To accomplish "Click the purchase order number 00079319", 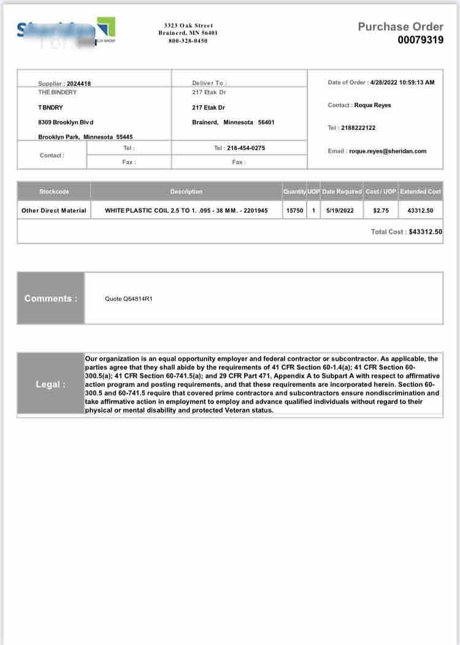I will [420, 40].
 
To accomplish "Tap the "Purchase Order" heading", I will [400, 26].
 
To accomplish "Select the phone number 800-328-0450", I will [188, 41].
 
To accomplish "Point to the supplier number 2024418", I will [79, 83].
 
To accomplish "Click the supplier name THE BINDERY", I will [58, 92].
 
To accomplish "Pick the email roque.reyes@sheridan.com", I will [388, 151].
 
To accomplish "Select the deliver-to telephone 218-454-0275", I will [246, 148].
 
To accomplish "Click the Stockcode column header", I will [54, 191].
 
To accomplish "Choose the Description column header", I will [186, 191].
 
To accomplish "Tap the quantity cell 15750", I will [294, 210].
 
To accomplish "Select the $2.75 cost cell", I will [381, 210].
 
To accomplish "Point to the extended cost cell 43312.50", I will [420, 210].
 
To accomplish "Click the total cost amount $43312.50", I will [425, 232].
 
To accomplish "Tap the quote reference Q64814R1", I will [129, 299].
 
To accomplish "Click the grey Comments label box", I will [51, 299].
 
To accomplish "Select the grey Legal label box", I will [51, 384].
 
